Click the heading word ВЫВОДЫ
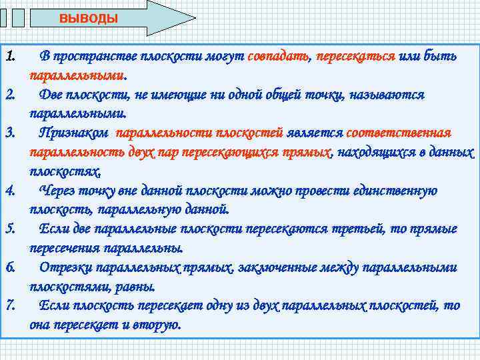[x=88, y=19]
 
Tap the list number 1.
[x=11, y=55]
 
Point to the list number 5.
[x=11, y=229]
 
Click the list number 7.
[x=11, y=305]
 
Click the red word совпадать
[x=278, y=56]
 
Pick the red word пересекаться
[x=355, y=56]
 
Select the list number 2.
[x=11, y=94]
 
